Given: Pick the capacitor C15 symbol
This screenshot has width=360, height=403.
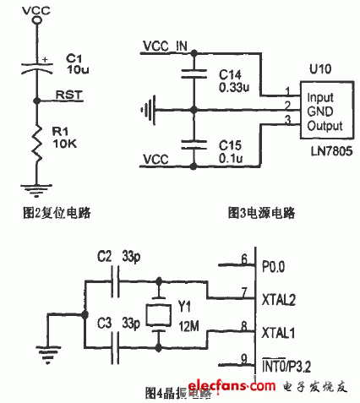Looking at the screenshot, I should [x=194, y=144].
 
